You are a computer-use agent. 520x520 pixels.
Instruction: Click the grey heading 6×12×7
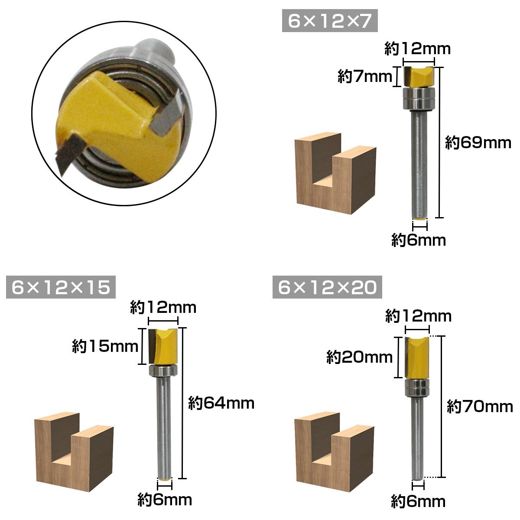click(x=329, y=21)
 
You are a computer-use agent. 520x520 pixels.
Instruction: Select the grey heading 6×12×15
click(x=61, y=287)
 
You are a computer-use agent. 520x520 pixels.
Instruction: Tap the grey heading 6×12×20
click(x=327, y=287)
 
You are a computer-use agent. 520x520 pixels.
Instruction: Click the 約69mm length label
click(x=478, y=143)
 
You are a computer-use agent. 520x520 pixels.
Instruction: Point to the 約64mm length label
click(x=221, y=403)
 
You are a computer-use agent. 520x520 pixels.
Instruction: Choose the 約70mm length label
click(x=480, y=406)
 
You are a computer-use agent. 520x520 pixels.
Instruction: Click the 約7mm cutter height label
click(x=365, y=77)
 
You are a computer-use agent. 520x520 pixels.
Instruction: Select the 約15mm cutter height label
click(x=105, y=346)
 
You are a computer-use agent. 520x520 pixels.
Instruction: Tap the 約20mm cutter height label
click(x=359, y=357)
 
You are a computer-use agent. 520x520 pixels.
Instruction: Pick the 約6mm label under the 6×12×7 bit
click(x=419, y=240)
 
